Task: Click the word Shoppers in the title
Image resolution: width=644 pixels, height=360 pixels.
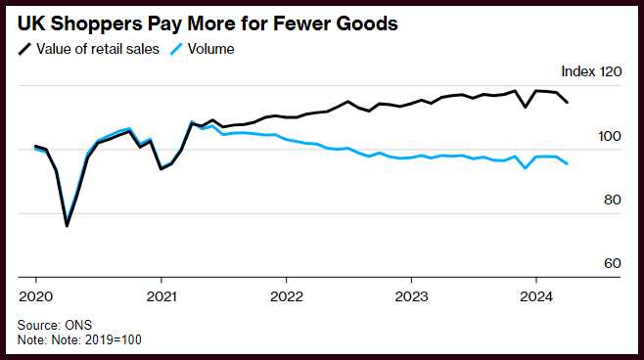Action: click(x=96, y=24)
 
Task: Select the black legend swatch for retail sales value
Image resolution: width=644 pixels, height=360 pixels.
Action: click(x=25, y=49)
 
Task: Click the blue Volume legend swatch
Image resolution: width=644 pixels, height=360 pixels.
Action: click(x=176, y=49)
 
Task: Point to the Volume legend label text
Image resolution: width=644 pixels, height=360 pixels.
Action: click(x=210, y=49)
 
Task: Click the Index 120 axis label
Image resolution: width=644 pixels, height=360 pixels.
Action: click(x=591, y=71)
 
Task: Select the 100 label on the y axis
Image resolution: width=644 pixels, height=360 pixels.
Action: click(x=610, y=136)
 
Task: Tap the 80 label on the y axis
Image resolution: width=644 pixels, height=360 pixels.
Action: click(x=613, y=200)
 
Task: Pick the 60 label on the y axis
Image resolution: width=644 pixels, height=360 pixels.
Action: click(x=613, y=263)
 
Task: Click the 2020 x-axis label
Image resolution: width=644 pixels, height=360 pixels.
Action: click(x=36, y=296)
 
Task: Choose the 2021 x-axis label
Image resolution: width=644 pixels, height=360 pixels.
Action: click(x=161, y=296)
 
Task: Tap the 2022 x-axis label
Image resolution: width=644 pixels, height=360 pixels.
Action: click(x=286, y=296)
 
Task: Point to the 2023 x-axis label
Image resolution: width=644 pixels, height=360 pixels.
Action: click(x=411, y=296)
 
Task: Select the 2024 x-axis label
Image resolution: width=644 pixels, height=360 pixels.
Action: click(x=536, y=296)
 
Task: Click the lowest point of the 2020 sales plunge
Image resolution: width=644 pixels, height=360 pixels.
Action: click(x=67, y=225)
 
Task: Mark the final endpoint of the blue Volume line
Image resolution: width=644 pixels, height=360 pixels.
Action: click(x=568, y=163)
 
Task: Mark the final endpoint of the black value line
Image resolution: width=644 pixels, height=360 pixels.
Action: click(x=568, y=102)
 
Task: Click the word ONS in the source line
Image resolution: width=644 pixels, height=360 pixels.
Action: click(x=78, y=325)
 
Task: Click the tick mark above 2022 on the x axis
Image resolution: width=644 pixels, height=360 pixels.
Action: click(x=286, y=281)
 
